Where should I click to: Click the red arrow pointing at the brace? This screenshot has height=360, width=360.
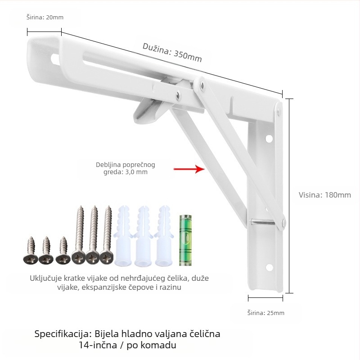[x=189, y=169]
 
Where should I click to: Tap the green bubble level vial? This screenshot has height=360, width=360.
[x=185, y=240]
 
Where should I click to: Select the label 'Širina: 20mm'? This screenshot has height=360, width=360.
[x=45, y=17]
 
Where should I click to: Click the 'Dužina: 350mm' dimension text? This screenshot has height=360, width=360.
[x=172, y=53]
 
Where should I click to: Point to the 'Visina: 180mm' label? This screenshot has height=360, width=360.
[x=324, y=195]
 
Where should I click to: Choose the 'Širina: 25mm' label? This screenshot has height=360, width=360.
[x=266, y=313]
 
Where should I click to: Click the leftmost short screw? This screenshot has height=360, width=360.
[x=31, y=251]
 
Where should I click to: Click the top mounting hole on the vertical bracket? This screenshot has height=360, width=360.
[x=269, y=139]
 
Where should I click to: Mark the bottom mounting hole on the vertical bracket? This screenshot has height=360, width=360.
[x=269, y=267]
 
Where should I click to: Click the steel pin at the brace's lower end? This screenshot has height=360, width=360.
[x=263, y=222]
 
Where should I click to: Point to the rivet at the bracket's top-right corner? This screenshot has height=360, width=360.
[x=279, y=111]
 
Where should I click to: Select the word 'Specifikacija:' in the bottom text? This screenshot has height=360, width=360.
[x=63, y=334]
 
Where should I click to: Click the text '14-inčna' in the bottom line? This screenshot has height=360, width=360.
[x=98, y=345]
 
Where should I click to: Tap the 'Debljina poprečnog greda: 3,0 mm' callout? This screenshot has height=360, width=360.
[x=126, y=168]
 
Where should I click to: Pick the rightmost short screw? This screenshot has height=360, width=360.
[x=63, y=251]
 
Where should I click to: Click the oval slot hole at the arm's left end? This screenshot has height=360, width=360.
[x=55, y=59]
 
